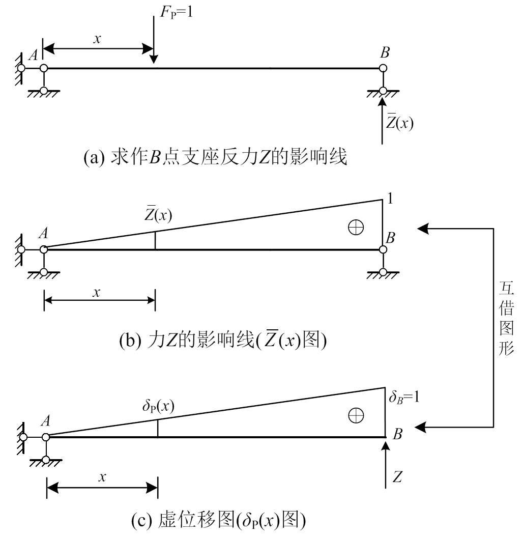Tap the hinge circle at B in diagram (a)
point(383,68)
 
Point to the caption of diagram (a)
point(216,158)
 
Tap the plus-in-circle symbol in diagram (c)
point(355,416)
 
